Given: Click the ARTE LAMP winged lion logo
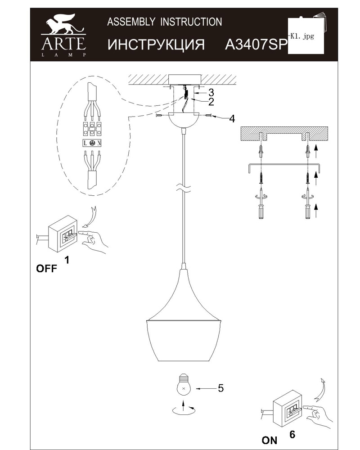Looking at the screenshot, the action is (63, 35).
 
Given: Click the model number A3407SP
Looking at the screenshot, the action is (256, 44).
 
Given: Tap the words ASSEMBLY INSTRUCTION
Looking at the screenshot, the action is (165, 22).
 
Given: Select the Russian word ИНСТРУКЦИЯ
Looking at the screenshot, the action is (156, 45).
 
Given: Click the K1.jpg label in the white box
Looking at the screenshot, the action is (302, 36).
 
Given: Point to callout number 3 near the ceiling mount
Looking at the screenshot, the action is (211, 92).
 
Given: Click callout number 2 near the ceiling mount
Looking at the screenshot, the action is (211, 102).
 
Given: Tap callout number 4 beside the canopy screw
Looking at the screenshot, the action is (232, 118).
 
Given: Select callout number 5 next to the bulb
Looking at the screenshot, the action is (220, 388).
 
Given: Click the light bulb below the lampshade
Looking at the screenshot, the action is (184, 385).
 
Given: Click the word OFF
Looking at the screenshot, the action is (46, 269).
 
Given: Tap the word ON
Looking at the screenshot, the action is (269, 440).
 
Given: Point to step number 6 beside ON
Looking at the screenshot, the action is (292, 435).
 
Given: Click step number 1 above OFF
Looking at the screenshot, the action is (67, 260).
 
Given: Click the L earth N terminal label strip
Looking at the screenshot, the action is (92, 143).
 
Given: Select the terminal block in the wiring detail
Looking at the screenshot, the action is (92, 129).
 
